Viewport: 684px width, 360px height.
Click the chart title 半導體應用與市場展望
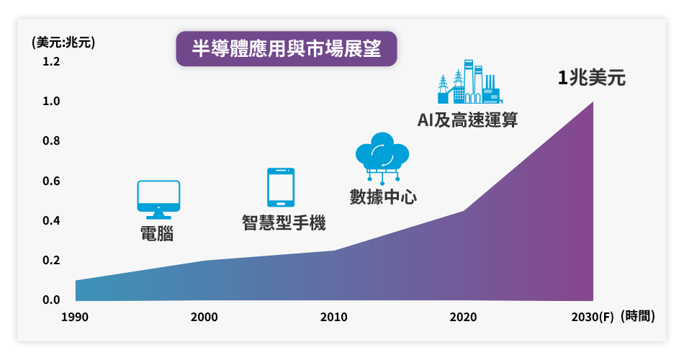tap(287, 48)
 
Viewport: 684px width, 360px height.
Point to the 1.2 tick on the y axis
tap(51, 61)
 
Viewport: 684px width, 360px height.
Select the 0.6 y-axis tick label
tap(51, 181)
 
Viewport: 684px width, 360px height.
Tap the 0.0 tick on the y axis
tap(51, 300)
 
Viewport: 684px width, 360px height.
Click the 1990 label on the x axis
tap(75, 317)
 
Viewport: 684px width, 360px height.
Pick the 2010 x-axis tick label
tap(333, 317)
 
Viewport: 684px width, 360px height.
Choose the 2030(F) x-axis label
tap(593, 317)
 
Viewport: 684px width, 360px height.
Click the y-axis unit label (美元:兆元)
tap(63, 42)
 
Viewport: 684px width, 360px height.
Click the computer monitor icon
tap(158, 199)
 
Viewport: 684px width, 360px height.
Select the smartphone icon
tap(281, 187)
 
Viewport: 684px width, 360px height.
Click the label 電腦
tap(157, 233)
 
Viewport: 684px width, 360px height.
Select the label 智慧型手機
tap(284, 222)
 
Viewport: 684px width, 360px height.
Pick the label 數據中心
tap(383, 197)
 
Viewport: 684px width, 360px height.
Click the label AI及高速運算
tap(467, 120)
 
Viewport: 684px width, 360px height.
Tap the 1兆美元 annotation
tap(592, 78)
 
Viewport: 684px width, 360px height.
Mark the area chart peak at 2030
tap(593, 102)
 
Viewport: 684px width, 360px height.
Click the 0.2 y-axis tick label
tap(51, 260)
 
